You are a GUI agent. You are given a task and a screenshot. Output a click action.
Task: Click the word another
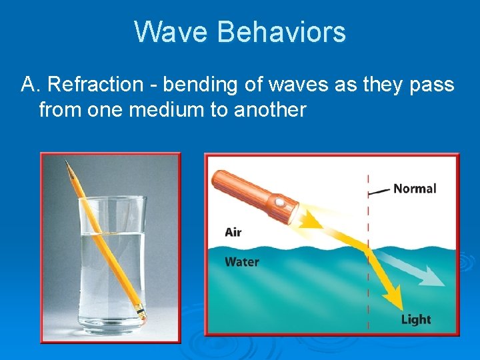(270, 109)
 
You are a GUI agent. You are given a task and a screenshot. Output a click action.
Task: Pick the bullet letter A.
(30, 85)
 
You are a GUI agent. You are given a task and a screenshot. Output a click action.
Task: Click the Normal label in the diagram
(415, 189)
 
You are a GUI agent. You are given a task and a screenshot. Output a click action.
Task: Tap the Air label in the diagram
(233, 232)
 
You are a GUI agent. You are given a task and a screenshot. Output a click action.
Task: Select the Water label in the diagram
(242, 262)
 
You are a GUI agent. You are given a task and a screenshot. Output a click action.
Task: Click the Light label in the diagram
(416, 320)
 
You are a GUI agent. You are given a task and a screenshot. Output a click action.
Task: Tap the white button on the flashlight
(279, 201)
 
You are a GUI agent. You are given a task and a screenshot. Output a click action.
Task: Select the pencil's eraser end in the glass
(141, 311)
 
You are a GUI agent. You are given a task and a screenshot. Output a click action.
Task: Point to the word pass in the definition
(433, 85)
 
